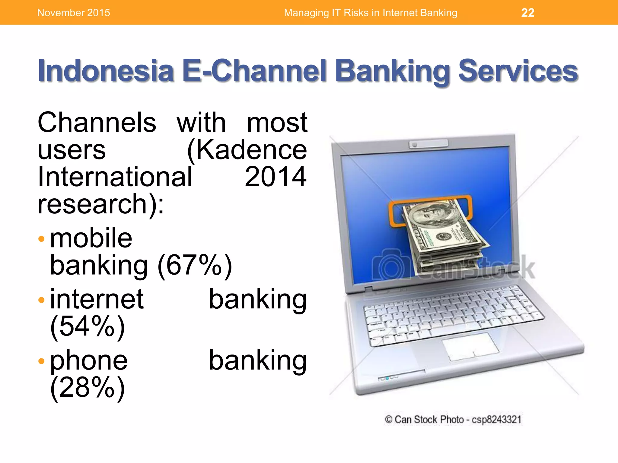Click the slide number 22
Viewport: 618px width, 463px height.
point(527,13)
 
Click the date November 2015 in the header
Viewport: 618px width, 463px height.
point(73,13)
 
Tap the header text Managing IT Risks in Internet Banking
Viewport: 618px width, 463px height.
point(370,13)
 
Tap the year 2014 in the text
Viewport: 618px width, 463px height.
point(276,177)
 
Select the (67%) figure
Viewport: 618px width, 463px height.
point(195,265)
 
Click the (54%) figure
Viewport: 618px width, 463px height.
point(88,326)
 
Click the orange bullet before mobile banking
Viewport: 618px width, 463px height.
point(42,239)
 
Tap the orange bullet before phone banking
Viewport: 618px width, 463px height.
point(42,361)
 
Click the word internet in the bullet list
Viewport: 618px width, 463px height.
point(97,299)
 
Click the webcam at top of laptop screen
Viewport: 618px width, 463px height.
point(415,145)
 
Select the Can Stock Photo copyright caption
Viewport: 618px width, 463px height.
point(453,420)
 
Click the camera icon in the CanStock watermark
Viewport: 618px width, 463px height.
point(391,265)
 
